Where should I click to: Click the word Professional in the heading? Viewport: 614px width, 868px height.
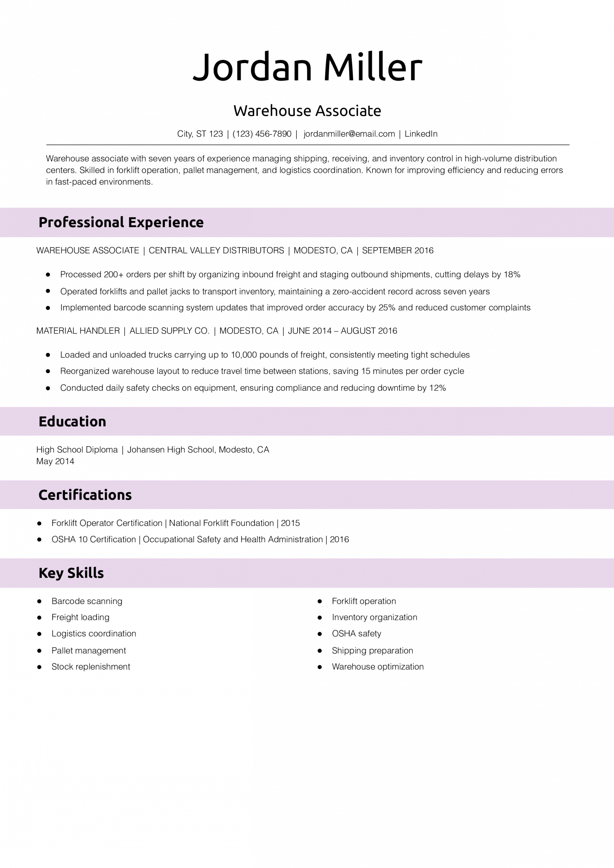tap(81, 222)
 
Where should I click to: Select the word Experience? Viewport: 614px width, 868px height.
tap(166, 222)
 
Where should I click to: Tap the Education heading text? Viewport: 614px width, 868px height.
tap(72, 422)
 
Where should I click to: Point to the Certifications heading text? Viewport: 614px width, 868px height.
tap(85, 495)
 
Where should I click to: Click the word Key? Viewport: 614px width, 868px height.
tap(51, 573)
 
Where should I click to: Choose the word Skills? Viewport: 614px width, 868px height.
tap(86, 573)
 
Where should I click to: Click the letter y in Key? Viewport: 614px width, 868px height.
tap(59, 574)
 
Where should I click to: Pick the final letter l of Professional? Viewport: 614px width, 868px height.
tap(122, 222)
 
